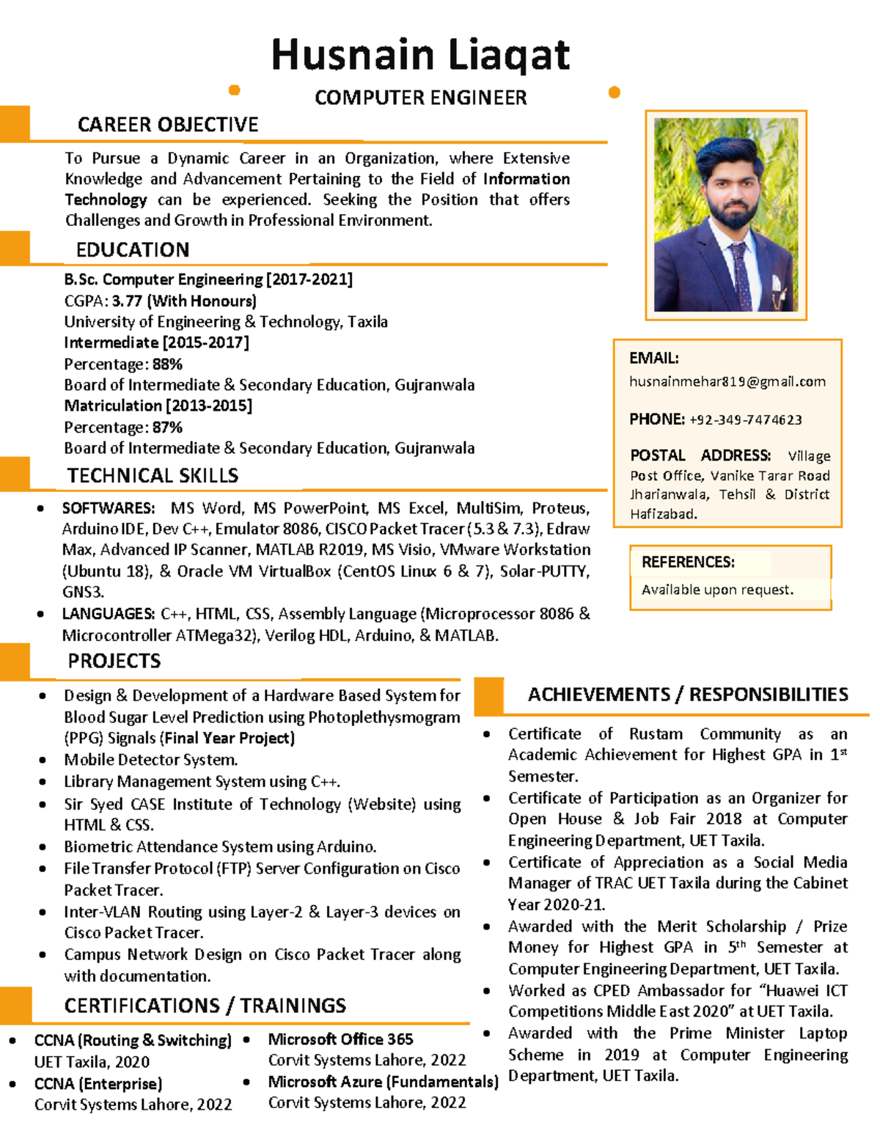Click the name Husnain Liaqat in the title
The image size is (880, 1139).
[x=420, y=55]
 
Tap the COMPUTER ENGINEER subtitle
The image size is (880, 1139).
[x=420, y=98]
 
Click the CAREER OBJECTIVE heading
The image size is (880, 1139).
[x=168, y=125]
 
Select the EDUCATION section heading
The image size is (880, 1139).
[x=133, y=250]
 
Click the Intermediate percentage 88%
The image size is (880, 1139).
[x=167, y=365]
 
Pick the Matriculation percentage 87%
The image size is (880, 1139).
[x=167, y=428]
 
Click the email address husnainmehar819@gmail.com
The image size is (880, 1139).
[x=727, y=381]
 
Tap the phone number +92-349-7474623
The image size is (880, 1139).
[x=745, y=420]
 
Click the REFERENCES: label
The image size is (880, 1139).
[x=688, y=563]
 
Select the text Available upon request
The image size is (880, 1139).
[x=717, y=590]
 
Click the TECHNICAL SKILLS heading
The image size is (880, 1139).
[x=153, y=476]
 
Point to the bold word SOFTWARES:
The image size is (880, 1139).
[x=109, y=508]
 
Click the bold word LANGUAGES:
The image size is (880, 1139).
[x=109, y=614]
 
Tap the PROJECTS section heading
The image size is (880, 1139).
[x=114, y=662]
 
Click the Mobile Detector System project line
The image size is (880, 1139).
[x=150, y=760]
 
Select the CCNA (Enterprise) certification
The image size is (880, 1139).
[x=98, y=1084]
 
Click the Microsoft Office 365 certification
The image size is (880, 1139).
[x=340, y=1039]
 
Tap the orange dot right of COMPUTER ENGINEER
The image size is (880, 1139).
[x=615, y=92]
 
